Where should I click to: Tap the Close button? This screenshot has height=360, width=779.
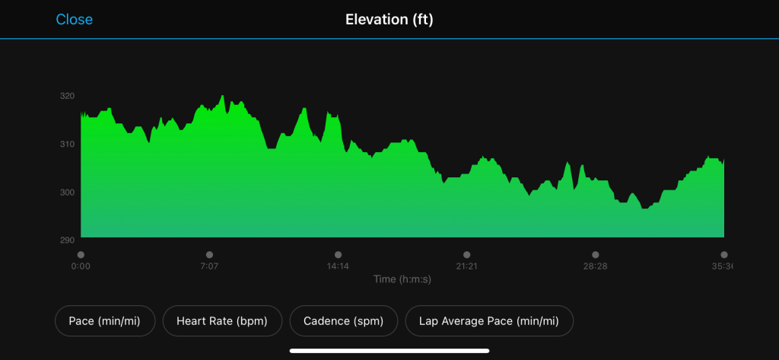point(75,20)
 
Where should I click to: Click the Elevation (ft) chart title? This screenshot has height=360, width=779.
point(389,20)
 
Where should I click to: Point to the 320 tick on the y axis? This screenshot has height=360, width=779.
point(67,96)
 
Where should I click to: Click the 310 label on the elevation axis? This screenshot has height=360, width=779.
point(67,144)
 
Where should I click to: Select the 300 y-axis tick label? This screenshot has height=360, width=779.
point(67,192)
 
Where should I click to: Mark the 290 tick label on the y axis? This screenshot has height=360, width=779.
point(67,240)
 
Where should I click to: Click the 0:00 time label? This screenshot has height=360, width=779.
point(81,266)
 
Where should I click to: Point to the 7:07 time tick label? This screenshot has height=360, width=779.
point(209,266)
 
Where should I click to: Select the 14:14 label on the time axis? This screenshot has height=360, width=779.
point(338,266)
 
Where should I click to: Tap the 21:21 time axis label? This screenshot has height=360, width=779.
point(466,266)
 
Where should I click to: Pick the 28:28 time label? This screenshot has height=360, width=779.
point(595,266)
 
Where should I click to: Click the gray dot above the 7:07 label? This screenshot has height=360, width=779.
point(209,255)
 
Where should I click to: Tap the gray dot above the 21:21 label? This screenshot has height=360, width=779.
point(466,255)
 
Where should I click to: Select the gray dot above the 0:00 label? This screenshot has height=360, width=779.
point(81,255)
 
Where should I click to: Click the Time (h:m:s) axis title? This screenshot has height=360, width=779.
point(402,279)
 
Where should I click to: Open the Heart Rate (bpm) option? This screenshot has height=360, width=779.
point(222,321)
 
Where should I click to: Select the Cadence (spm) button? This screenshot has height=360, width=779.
point(343,321)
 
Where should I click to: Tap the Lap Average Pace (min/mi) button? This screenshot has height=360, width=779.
point(489,321)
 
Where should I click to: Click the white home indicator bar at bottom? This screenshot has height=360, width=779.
point(389,351)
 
